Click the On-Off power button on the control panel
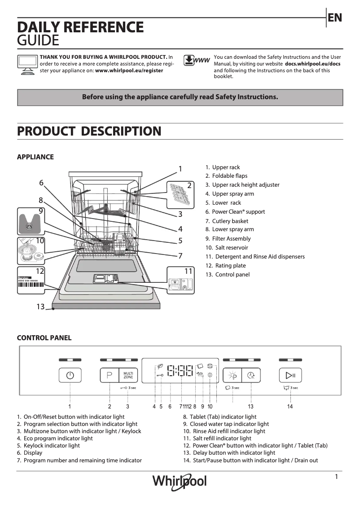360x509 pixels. click(70, 375)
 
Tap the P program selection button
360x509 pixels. click(109, 375)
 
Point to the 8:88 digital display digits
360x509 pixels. click(180, 371)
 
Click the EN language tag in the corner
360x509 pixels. click(335, 18)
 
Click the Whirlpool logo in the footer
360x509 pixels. click(180, 481)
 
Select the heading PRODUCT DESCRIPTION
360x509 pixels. click(89, 132)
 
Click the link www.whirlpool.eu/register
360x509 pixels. click(129, 70)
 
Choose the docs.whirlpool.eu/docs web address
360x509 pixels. click(312, 64)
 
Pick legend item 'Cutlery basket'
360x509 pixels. click(230, 221)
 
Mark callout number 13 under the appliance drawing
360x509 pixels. click(41, 307)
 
